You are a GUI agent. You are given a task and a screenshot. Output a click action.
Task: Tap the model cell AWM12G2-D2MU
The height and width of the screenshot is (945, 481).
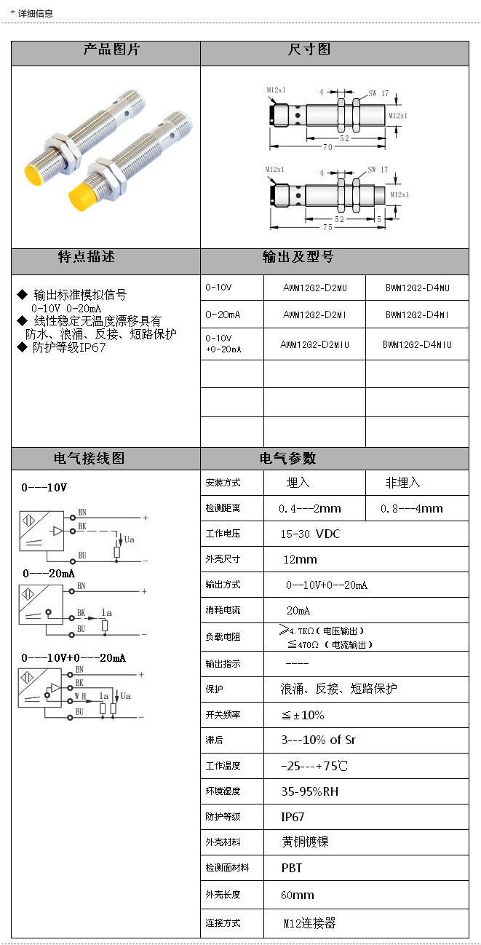tap(315, 288)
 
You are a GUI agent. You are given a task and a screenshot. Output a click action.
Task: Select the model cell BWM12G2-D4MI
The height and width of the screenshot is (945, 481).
tap(417, 315)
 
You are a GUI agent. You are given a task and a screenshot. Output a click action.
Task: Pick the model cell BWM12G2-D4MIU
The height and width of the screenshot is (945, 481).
tap(417, 344)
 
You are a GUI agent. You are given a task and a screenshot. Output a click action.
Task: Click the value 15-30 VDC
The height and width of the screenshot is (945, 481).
tap(311, 534)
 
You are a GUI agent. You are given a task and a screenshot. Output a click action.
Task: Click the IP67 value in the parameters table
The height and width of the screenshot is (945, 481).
tap(293, 817)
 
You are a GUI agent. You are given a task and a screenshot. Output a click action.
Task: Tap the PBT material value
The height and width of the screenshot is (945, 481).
tap(292, 868)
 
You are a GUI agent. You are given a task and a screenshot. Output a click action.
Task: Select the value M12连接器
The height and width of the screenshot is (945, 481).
tap(309, 922)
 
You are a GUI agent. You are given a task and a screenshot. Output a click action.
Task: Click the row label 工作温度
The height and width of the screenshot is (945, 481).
tap(223, 766)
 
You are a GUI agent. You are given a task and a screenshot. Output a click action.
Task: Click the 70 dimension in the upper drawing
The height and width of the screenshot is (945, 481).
tap(327, 147)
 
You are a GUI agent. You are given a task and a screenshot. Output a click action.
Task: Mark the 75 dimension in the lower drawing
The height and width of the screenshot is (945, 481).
tap(327, 227)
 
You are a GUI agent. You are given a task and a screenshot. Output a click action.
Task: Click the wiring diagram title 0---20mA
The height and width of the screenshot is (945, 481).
tap(48, 573)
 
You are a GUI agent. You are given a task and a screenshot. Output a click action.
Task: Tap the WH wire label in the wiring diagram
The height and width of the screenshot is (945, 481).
tap(80, 696)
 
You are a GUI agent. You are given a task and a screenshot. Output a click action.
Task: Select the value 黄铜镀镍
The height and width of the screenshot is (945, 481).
tap(306, 842)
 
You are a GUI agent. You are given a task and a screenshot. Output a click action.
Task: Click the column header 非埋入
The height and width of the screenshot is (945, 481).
tap(402, 483)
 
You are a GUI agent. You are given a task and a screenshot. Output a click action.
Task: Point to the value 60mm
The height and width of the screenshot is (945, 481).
tap(298, 895)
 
